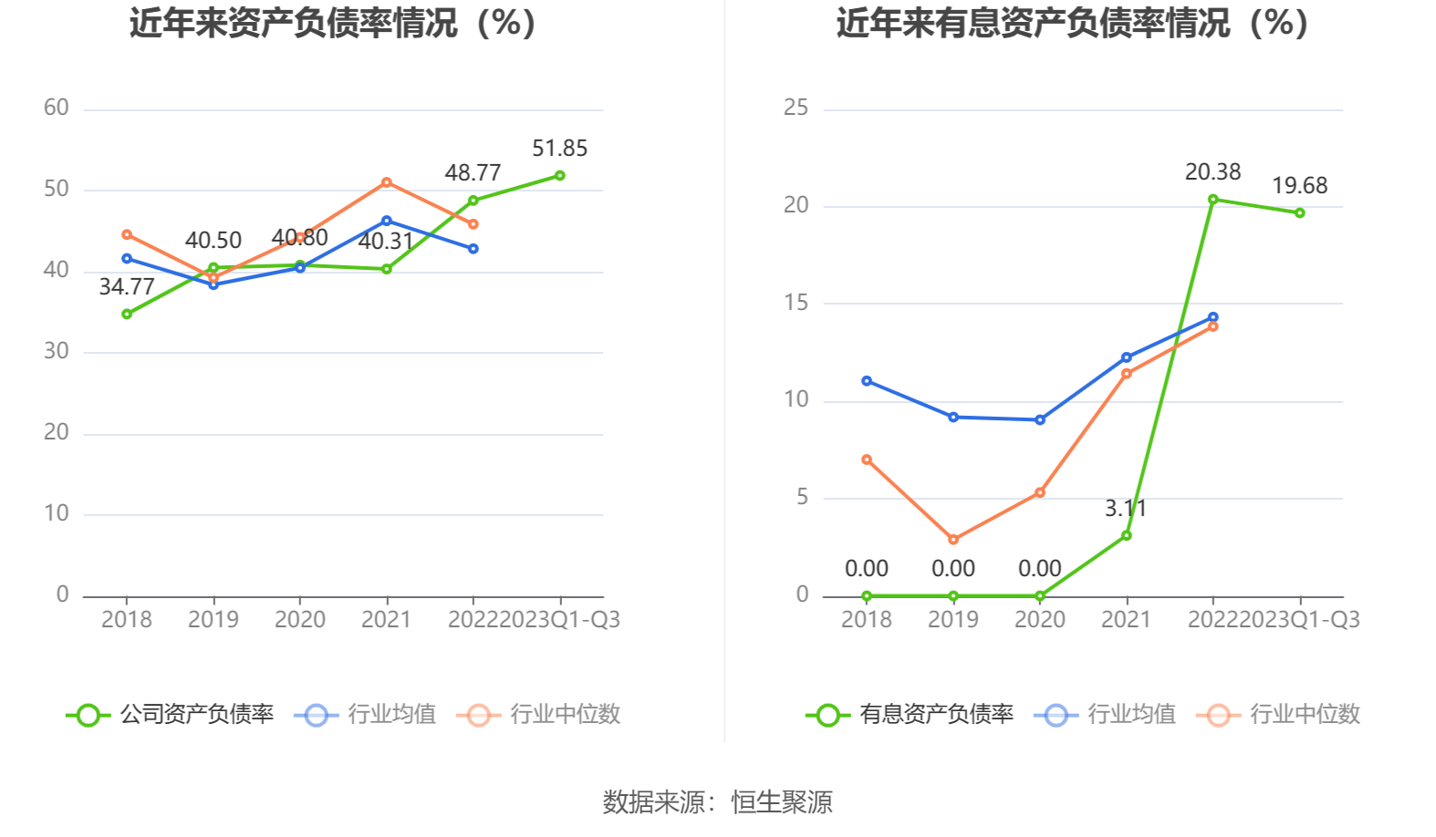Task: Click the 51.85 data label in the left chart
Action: click(x=559, y=149)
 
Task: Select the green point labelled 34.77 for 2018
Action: click(x=127, y=314)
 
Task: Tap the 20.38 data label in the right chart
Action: click(x=1212, y=172)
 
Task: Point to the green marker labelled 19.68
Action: click(x=1299, y=212)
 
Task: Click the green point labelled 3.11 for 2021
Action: click(x=1126, y=535)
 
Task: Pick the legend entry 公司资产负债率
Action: click(x=171, y=714)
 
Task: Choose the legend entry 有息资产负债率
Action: click(x=911, y=714)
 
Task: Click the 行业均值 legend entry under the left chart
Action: click(x=366, y=714)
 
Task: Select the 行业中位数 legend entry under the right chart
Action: click(x=1284, y=714)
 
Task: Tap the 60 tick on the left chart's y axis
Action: click(x=57, y=108)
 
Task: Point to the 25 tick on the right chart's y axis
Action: click(x=796, y=108)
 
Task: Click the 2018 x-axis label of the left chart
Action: click(x=127, y=620)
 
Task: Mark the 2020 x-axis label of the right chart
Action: click(x=1039, y=620)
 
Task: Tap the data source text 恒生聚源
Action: click(x=782, y=802)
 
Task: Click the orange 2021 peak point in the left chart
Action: click(x=387, y=182)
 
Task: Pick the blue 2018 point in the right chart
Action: click(x=867, y=381)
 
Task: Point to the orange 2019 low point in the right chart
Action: click(x=953, y=540)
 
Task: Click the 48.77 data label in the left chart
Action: click(x=473, y=173)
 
